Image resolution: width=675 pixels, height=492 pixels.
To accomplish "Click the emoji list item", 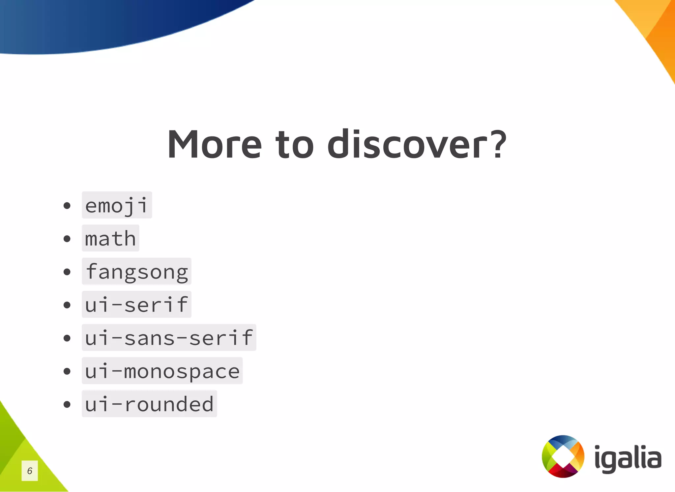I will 117,205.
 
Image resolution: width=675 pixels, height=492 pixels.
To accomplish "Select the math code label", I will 110,238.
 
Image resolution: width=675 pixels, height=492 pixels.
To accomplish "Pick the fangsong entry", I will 136,272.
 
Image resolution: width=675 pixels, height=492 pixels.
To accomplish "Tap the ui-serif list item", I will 136,304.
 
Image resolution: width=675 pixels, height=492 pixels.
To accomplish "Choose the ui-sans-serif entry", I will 169,337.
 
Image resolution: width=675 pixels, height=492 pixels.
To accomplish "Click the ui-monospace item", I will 162,371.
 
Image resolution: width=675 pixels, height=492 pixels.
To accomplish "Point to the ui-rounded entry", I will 149,404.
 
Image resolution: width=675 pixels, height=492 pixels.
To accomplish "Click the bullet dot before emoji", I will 67,206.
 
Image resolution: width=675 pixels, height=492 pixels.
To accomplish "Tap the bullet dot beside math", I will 67,239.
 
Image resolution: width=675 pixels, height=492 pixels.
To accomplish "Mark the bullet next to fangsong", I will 67,272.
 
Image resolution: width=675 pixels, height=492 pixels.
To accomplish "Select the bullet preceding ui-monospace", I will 67,371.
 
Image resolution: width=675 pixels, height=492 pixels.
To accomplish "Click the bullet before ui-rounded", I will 67,404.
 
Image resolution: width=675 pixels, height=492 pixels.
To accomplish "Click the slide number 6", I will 30,471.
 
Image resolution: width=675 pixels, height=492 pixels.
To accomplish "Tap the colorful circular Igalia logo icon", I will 563,456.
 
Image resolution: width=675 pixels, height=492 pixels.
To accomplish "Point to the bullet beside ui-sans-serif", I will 67,338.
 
